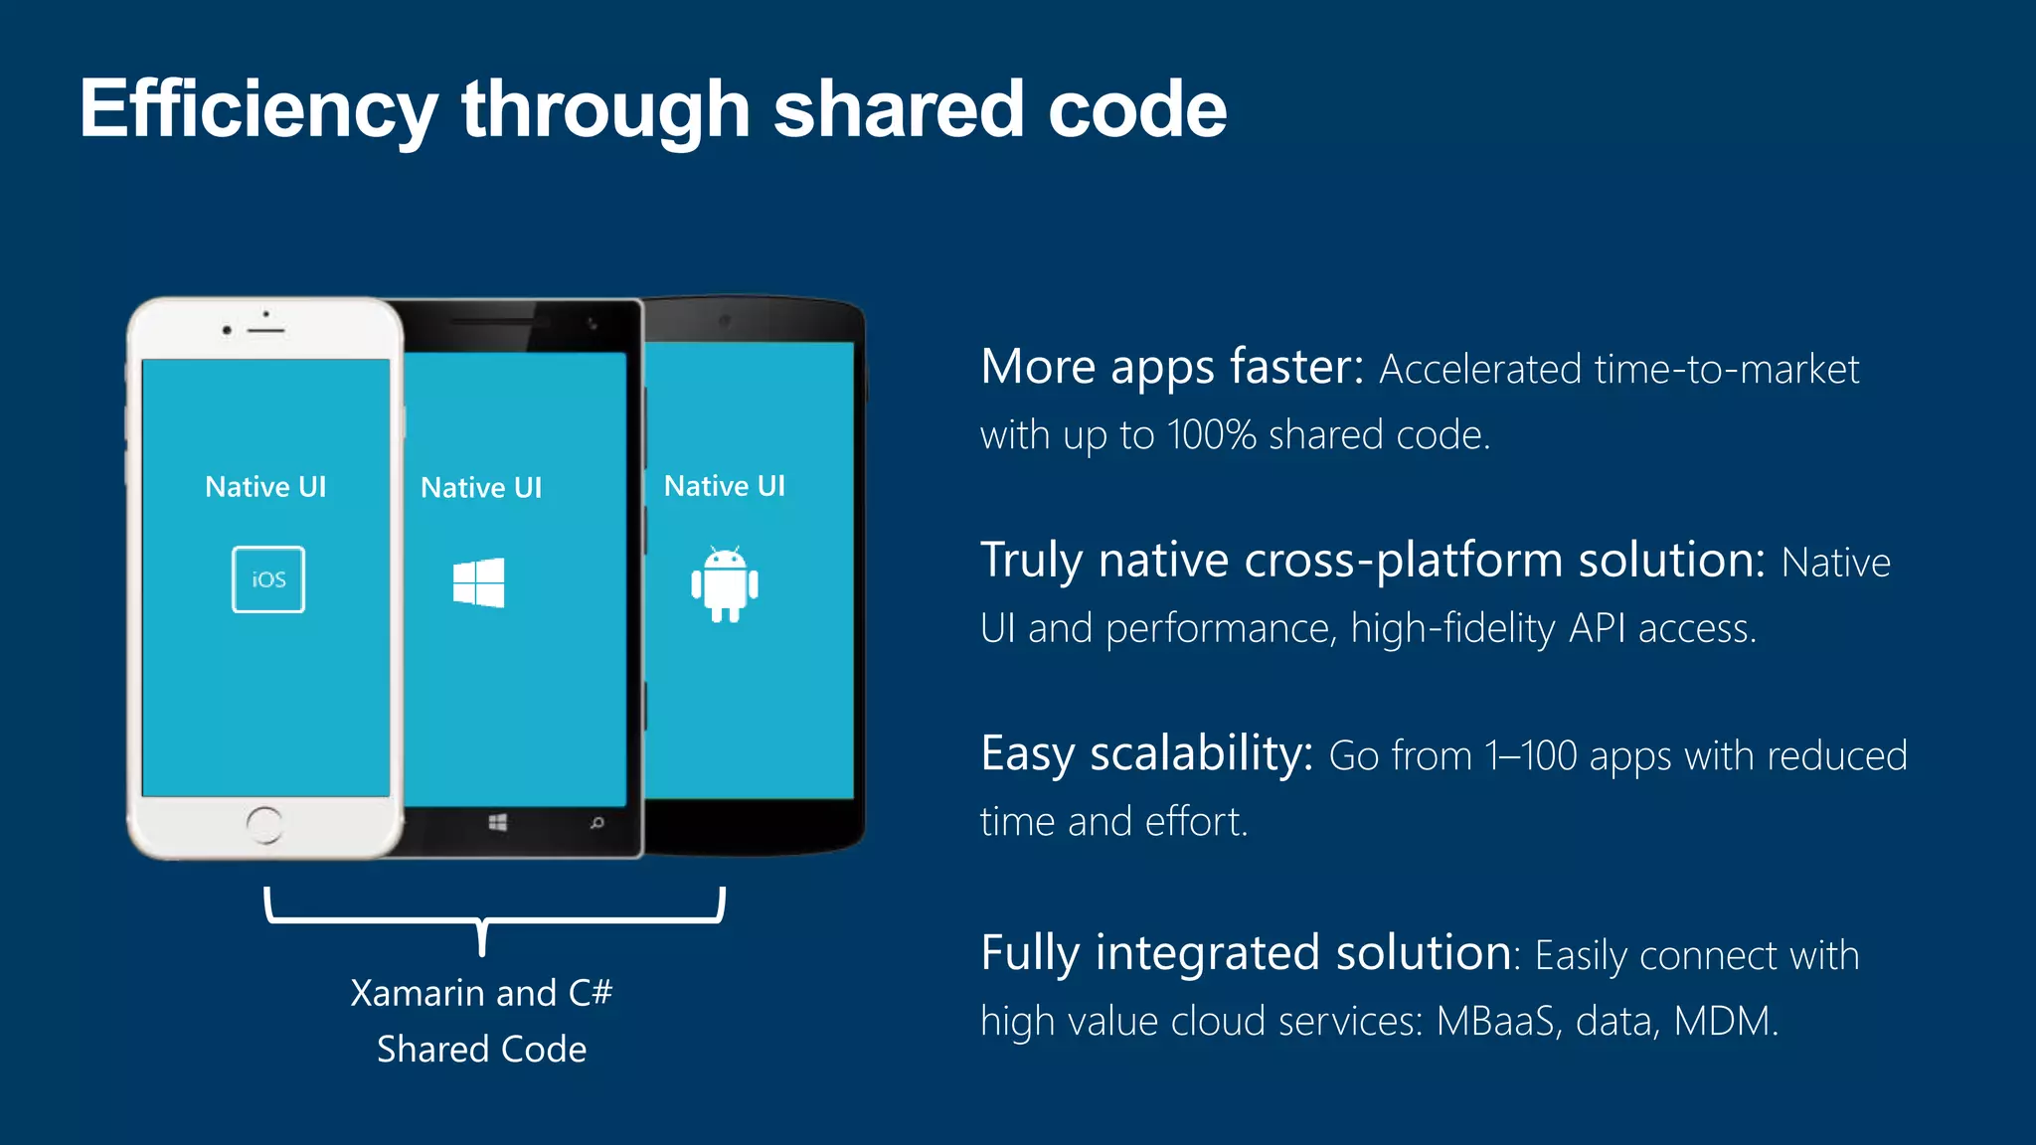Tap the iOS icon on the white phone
point(268,579)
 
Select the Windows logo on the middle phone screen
point(479,582)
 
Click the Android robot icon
point(725,584)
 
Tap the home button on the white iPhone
point(264,824)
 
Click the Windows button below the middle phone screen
point(498,822)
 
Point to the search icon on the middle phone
point(596,823)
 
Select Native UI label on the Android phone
point(725,486)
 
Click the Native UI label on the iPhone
point(265,487)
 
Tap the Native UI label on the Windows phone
point(481,488)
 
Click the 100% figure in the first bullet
point(1212,435)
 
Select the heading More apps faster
point(1171,367)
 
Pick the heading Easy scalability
point(1146,753)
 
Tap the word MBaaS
point(1497,1022)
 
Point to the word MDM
point(1725,1022)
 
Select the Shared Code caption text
point(481,1050)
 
